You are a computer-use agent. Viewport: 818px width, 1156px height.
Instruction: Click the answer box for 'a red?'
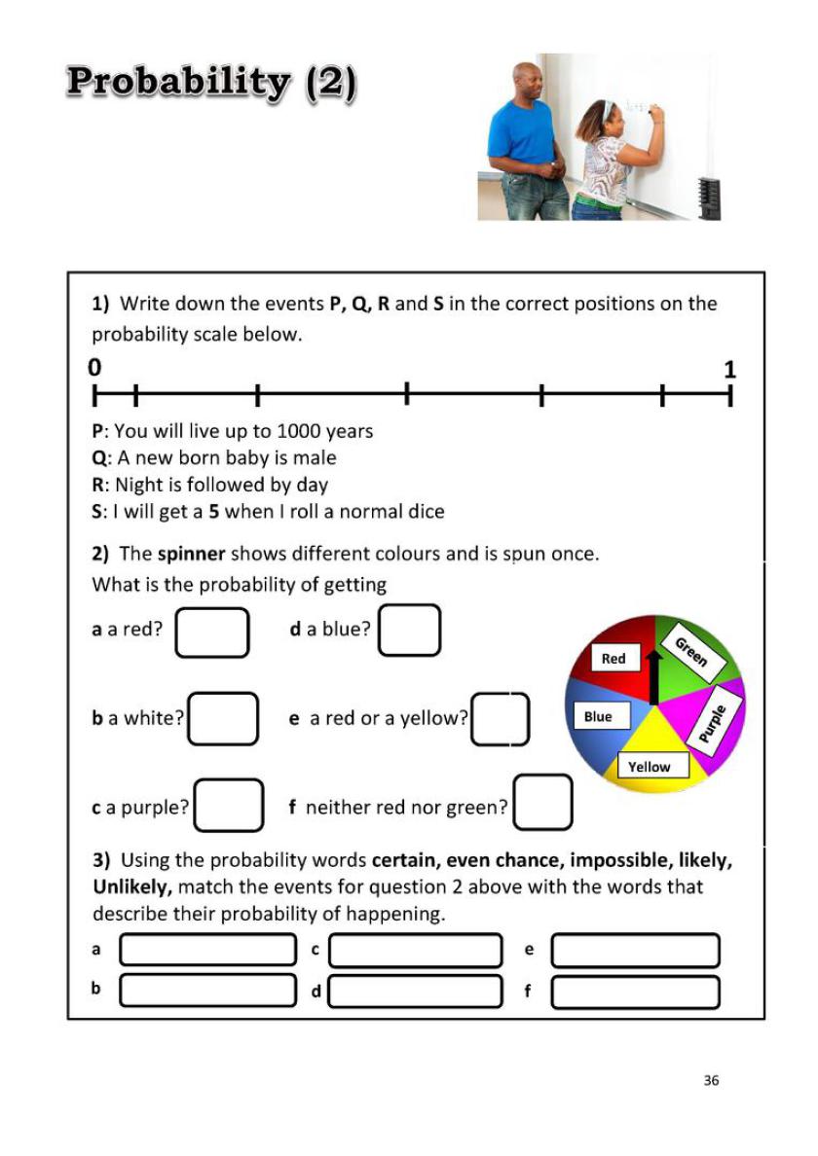coord(212,632)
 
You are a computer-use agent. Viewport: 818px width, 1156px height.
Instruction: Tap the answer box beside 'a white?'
coord(223,718)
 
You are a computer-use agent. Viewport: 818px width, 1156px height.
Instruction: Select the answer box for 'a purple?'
coord(229,806)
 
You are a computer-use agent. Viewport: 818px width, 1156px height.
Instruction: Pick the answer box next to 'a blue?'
coord(410,630)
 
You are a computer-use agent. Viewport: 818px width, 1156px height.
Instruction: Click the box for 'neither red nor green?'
coord(543,803)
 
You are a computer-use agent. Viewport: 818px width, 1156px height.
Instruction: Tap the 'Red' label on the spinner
coord(613,659)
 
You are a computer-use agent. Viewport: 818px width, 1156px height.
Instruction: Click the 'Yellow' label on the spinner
coord(649,767)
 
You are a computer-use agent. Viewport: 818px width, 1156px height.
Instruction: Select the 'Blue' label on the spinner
coord(598,717)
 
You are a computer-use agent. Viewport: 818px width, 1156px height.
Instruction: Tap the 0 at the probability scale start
coord(94,368)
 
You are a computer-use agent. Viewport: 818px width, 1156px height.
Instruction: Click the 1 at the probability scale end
coord(730,370)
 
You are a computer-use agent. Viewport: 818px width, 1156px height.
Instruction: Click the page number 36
coord(711,1080)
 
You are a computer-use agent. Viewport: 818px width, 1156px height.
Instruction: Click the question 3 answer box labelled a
coord(207,950)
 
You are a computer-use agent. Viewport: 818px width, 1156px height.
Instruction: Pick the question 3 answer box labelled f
coord(635,993)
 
